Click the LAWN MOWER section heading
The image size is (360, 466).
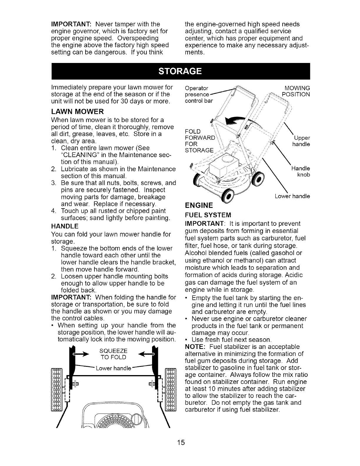tap(77, 112)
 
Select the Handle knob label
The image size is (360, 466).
tap(301, 172)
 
